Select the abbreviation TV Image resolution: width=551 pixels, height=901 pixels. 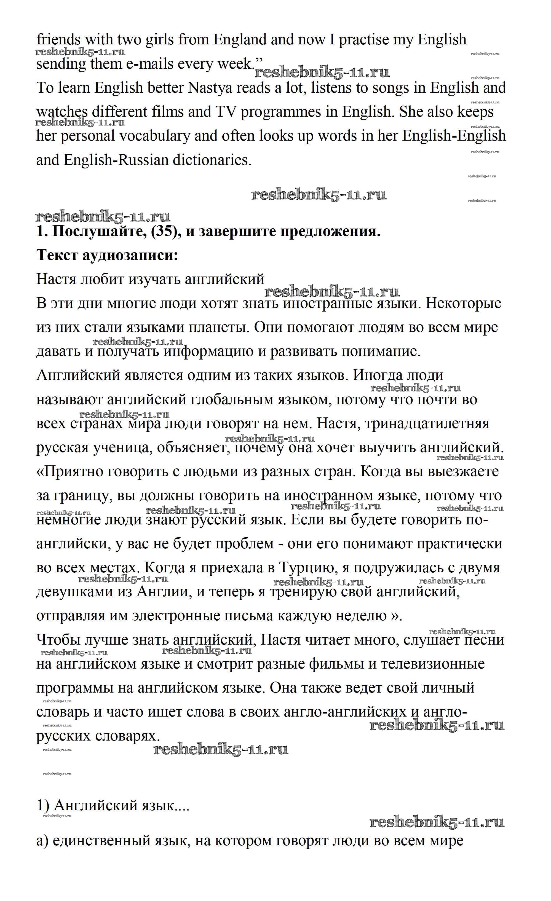[226, 112]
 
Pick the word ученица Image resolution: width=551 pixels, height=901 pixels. [121, 447]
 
